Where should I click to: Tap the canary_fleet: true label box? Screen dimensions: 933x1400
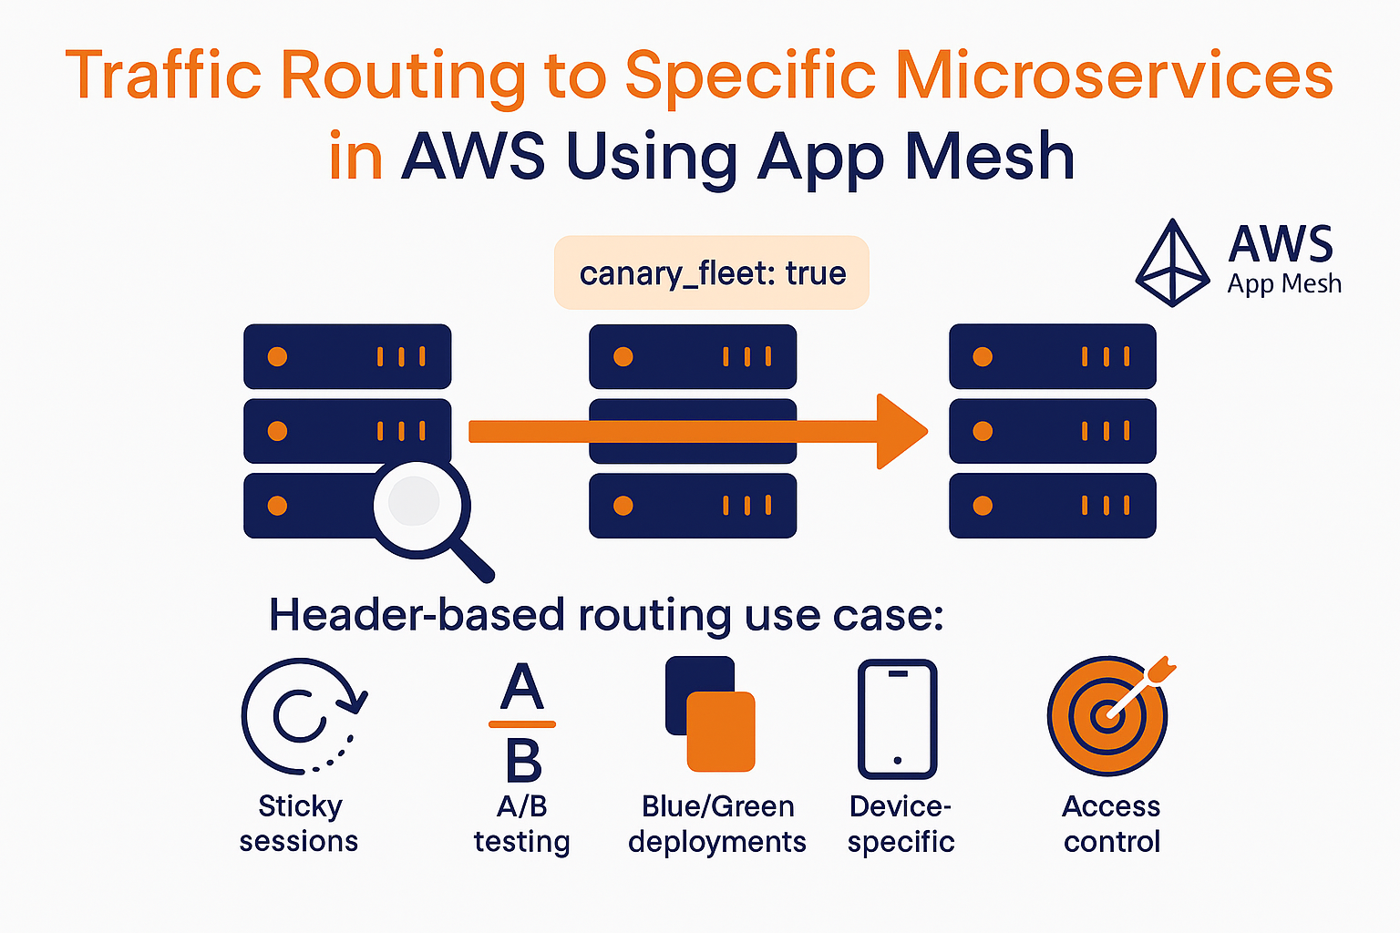click(712, 272)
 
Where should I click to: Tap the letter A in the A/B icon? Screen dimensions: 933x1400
click(522, 688)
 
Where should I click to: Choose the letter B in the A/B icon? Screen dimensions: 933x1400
click(523, 761)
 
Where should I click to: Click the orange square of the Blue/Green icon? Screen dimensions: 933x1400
click(720, 732)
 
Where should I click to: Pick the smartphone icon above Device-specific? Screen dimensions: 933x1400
click(898, 719)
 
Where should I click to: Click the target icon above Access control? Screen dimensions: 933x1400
click(1107, 716)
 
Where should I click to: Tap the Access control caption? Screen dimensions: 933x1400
click(1111, 824)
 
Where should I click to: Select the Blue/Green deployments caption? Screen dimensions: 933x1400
click(717, 824)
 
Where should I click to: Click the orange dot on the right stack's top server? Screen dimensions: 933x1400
click(983, 356)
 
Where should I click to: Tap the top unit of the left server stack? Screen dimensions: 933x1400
click(347, 356)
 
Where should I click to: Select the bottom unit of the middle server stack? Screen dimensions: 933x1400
click(693, 506)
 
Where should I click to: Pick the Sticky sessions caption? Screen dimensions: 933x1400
click(299, 824)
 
